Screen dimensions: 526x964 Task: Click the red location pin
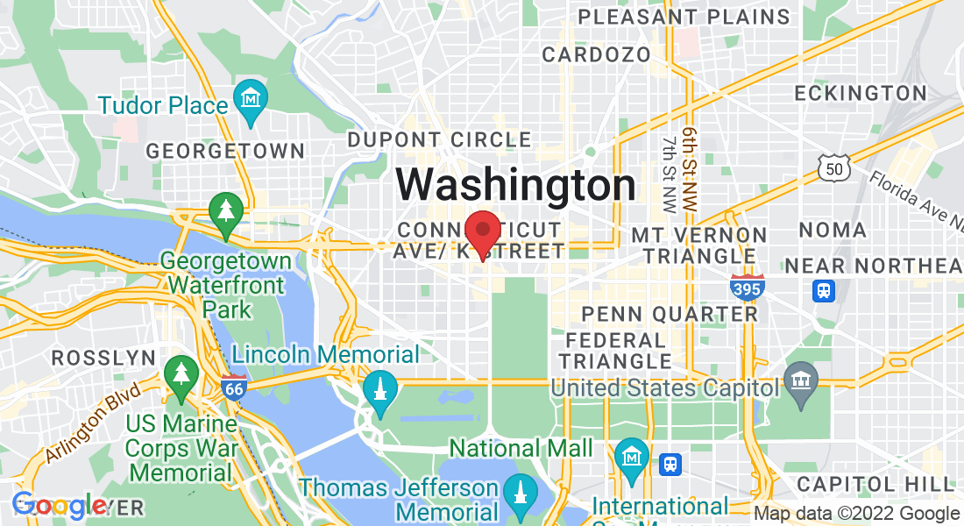[482, 232]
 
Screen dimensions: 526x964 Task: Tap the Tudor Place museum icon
[252, 96]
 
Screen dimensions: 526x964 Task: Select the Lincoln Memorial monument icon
[380, 387]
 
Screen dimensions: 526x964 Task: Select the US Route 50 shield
[831, 167]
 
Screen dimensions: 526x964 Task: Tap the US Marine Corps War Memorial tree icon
[181, 373]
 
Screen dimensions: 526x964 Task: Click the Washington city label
[516, 185]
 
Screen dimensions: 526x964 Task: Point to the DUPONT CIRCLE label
[439, 139]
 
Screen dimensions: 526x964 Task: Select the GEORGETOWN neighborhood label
[225, 151]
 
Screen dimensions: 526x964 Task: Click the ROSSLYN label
[103, 358]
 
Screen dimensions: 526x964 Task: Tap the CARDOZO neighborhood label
[596, 54]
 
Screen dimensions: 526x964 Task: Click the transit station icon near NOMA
[823, 291]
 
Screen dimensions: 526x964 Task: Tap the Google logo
[59, 506]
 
